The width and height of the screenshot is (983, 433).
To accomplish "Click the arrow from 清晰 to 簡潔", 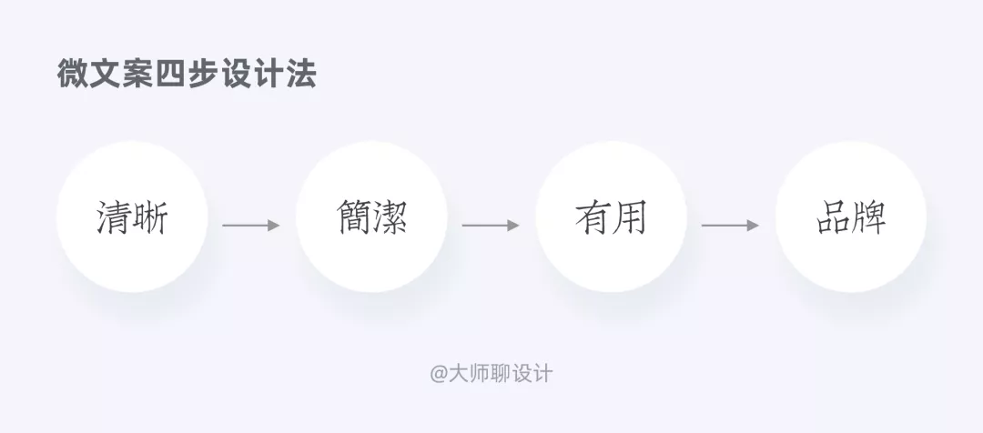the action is [x=251, y=225].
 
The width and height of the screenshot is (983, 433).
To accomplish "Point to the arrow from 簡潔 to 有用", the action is [x=491, y=225].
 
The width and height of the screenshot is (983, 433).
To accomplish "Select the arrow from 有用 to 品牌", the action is [x=730, y=225].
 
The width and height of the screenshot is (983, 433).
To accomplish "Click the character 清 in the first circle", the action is [x=114, y=219].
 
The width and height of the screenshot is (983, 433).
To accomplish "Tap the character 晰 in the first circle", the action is [x=151, y=219].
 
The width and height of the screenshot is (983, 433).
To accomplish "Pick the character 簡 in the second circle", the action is [x=353, y=219].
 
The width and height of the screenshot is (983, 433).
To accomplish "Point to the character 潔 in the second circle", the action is [x=390, y=219].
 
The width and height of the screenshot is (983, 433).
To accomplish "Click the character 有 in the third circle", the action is [x=593, y=219].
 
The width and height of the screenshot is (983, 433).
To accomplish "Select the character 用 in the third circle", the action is [x=630, y=219].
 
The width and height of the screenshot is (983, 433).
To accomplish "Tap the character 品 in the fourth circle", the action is [x=833, y=219].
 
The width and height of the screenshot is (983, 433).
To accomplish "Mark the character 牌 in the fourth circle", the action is [x=870, y=219].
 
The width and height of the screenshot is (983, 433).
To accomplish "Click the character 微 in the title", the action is [x=73, y=75].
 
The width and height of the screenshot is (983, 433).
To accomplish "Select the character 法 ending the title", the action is [x=300, y=75].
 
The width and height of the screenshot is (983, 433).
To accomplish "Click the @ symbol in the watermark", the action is [x=440, y=373].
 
